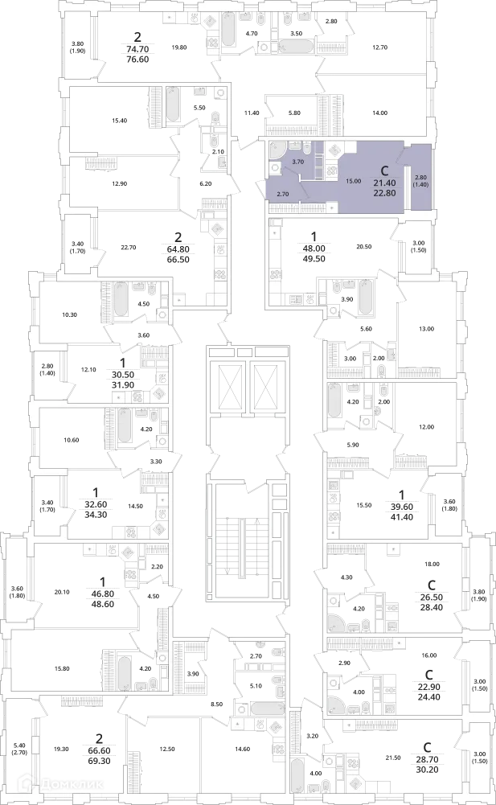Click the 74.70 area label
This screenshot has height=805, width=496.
coord(137,49)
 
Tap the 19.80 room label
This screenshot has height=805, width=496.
coord(179,47)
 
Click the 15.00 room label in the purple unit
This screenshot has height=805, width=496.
coord(353,181)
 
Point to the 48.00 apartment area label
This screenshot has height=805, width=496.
coord(315,248)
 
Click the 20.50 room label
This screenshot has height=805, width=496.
coord(363,246)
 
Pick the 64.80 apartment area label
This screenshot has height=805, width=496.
coord(178,249)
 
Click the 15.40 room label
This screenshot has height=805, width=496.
coord(119,121)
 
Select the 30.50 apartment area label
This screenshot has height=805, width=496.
coord(121,376)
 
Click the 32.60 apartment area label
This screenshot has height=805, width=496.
coord(96,504)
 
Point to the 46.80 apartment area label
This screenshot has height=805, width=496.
coord(103,594)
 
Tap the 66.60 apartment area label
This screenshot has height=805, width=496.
coord(99,750)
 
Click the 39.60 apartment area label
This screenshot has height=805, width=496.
coord(401,507)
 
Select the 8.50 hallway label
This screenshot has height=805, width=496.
coord(217,704)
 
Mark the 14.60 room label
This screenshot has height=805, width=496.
coord(242,749)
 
